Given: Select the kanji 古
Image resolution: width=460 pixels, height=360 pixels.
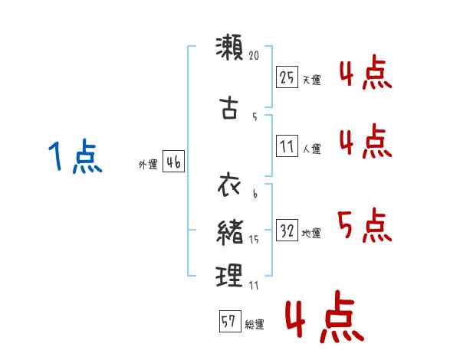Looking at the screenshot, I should pos(229,107).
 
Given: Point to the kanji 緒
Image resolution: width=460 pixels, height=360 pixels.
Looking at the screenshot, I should pos(229,231).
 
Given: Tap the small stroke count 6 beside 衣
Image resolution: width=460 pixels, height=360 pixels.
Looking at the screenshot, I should pos(255,195).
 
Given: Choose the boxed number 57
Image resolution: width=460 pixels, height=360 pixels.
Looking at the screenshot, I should pos(228,322).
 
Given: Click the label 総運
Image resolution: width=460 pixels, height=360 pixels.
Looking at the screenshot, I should pos(255,325).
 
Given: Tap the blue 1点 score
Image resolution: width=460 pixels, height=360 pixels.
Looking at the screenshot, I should pos(74,159).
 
